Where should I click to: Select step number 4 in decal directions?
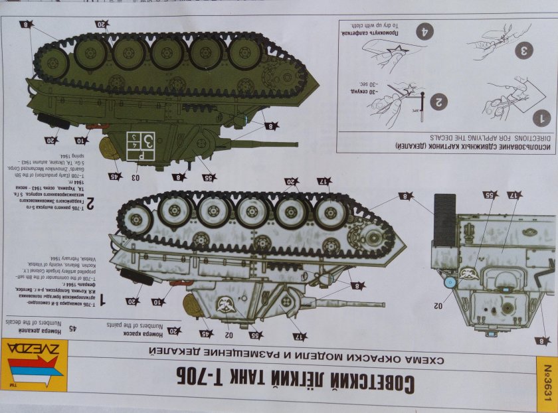(424, 31)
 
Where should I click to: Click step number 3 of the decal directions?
(523, 50)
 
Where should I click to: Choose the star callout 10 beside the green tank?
(80, 140)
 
